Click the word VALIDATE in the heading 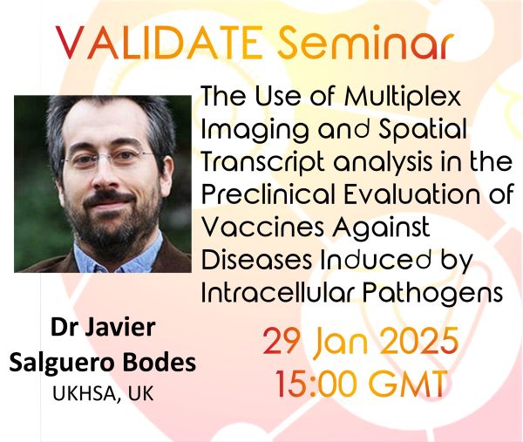point(160,43)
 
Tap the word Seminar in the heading point(366,42)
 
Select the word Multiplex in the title point(403,97)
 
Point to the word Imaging point(255,130)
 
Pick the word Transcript point(263,162)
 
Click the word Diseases point(257,259)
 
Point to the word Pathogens point(432,293)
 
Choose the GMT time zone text point(409,383)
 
